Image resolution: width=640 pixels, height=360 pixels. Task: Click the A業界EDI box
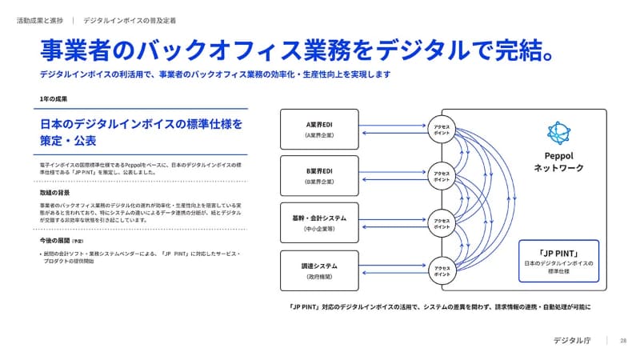click(x=323, y=130)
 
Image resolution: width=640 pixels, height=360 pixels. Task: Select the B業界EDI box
click(x=323, y=176)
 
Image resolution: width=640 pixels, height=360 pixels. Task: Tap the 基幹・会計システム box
click(x=323, y=222)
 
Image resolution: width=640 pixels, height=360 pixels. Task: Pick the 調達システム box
click(x=323, y=270)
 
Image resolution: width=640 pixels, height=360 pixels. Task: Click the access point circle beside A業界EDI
click(x=442, y=130)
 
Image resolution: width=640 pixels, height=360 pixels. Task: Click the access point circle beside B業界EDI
click(x=442, y=176)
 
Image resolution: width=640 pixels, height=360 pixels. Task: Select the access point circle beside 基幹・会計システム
click(x=442, y=222)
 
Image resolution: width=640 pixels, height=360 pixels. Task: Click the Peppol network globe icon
click(x=558, y=133)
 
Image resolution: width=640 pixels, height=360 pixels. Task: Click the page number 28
click(x=623, y=341)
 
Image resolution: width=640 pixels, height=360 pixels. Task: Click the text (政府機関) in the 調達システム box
click(x=323, y=277)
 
